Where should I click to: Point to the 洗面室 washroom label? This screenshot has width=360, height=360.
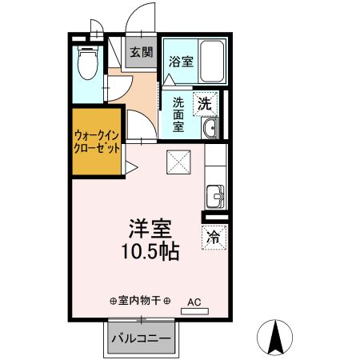tap(178, 113)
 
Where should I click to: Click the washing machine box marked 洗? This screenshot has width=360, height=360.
tap(205, 103)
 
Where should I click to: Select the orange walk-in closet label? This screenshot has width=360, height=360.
tap(97, 142)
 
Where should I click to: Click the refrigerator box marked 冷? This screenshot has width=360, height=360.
tap(214, 237)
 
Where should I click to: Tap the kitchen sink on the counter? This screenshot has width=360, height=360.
tap(214, 194)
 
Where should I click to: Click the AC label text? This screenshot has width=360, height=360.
tap(194, 302)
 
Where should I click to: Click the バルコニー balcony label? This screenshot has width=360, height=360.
tap(140, 339)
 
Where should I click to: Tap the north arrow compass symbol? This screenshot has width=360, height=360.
tap(276, 336)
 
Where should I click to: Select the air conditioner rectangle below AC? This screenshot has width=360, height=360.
tap(193, 311)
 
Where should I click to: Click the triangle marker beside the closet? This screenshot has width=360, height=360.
tap(130, 169)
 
